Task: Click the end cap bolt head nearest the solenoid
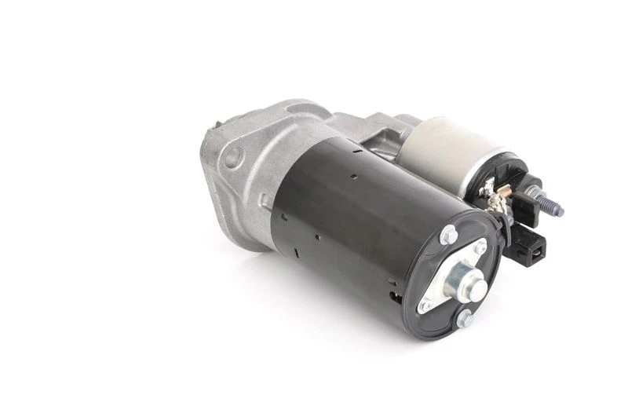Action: pyautogui.click(x=448, y=234)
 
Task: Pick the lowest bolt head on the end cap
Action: pyautogui.click(x=465, y=319)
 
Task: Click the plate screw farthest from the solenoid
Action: pyautogui.click(x=425, y=305)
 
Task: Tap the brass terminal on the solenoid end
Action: pyautogui.click(x=488, y=188)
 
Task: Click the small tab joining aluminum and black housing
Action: pyautogui.click(x=266, y=203)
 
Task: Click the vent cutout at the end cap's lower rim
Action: pyautogui.click(x=397, y=298)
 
